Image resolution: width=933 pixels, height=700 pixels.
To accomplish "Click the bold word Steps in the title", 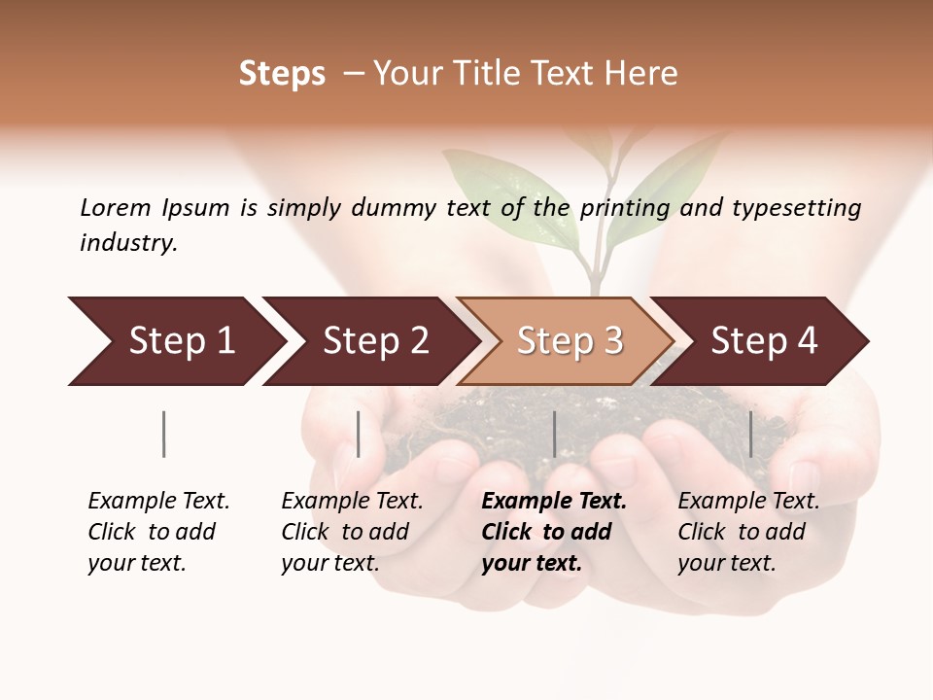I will tap(282, 74).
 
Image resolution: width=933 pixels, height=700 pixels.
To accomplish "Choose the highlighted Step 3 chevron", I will tap(569, 341).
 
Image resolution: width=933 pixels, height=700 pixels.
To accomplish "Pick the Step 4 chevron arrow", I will tap(763, 341).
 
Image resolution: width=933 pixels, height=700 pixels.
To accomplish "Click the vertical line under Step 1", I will tap(163, 434).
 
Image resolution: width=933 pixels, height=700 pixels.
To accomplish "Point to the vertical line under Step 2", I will tap(359, 434).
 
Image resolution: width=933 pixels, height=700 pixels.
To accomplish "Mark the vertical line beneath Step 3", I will tap(554, 434).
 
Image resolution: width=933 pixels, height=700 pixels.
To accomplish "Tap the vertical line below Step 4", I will tap(750, 434).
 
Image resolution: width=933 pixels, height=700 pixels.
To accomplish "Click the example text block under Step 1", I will tap(158, 532).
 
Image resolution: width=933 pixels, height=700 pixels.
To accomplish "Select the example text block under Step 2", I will tap(352, 532).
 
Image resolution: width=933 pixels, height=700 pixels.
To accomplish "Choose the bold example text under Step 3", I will tap(554, 532).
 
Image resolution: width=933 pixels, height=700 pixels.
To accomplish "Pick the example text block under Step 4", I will tap(748, 532).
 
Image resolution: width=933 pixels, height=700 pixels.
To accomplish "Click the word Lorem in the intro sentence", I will tap(116, 207).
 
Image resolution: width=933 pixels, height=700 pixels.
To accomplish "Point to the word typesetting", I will tap(796, 208).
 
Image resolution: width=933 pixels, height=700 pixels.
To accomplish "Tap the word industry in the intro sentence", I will tap(128, 243).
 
